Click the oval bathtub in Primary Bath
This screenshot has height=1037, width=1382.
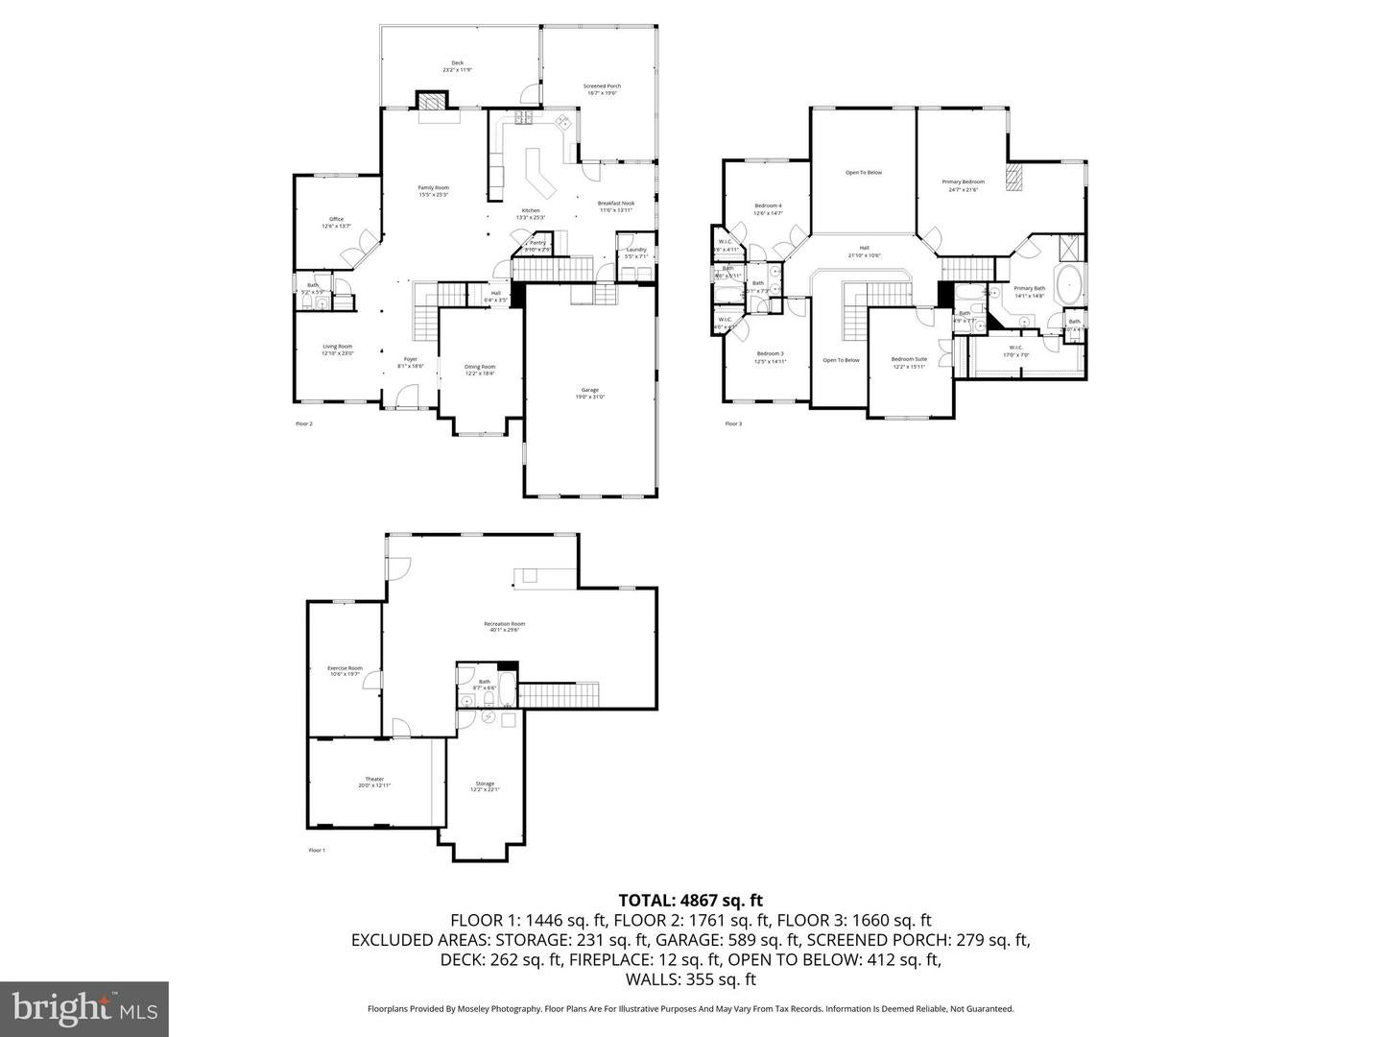pos(1068,285)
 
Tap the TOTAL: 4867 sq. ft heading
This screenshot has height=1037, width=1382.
pos(690,900)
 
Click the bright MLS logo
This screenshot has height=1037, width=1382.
pos(84,1008)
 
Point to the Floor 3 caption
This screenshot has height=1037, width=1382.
pos(733,423)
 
